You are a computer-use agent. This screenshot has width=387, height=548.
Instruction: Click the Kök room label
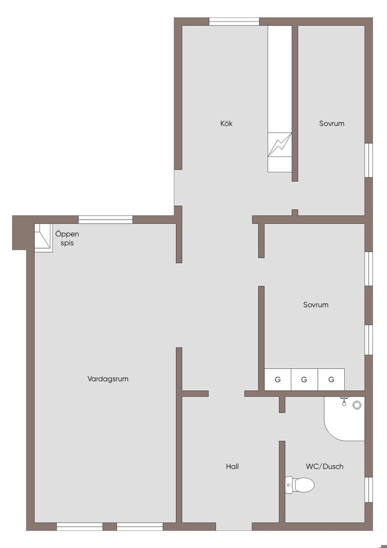tap(226, 123)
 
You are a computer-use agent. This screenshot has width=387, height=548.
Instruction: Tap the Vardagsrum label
tap(108, 379)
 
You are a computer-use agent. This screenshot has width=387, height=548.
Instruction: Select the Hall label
tap(232, 467)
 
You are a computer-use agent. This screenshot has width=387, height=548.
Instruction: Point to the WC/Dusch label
tap(325, 467)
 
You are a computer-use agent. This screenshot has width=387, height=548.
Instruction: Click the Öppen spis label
tap(67, 238)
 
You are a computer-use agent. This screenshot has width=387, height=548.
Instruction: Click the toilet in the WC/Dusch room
tap(300, 485)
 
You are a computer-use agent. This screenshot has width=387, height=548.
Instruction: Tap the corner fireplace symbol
tap(43, 238)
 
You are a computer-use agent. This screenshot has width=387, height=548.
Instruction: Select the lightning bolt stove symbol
tap(280, 145)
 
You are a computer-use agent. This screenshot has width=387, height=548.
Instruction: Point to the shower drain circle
tap(357, 405)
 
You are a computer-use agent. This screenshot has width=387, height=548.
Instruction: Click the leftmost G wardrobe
tap(278, 380)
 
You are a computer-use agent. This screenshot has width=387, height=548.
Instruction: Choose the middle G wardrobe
tap(304, 380)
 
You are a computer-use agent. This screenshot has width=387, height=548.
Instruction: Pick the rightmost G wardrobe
tap(331, 380)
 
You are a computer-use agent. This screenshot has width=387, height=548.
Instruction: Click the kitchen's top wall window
tap(234, 22)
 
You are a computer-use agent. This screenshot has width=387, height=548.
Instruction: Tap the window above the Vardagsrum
tap(105, 220)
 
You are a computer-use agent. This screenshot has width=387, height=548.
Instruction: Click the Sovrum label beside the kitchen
tap(331, 123)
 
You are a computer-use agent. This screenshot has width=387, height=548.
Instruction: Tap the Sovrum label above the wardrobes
tap(316, 305)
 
